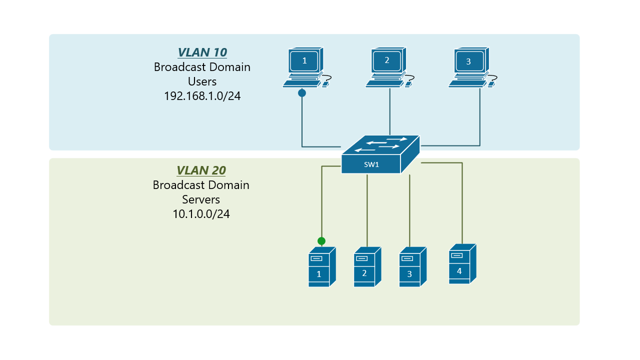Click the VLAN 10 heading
click(x=202, y=52)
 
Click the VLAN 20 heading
click(x=201, y=170)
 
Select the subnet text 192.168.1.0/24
click(x=202, y=96)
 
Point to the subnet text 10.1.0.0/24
click(x=201, y=214)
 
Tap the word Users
click(x=202, y=81)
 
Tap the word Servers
click(x=201, y=199)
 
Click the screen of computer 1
click(x=304, y=61)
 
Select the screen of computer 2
click(x=387, y=60)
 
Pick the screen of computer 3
click(x=469, y=61)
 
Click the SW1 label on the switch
click(x=371, y=164)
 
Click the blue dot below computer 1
click(x=302, y=93)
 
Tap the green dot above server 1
click(x=321, y=241)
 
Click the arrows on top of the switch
click(x=380, y=144)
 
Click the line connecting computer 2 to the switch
click(x=389, y=112)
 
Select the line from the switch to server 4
click(x=462, y=200)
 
